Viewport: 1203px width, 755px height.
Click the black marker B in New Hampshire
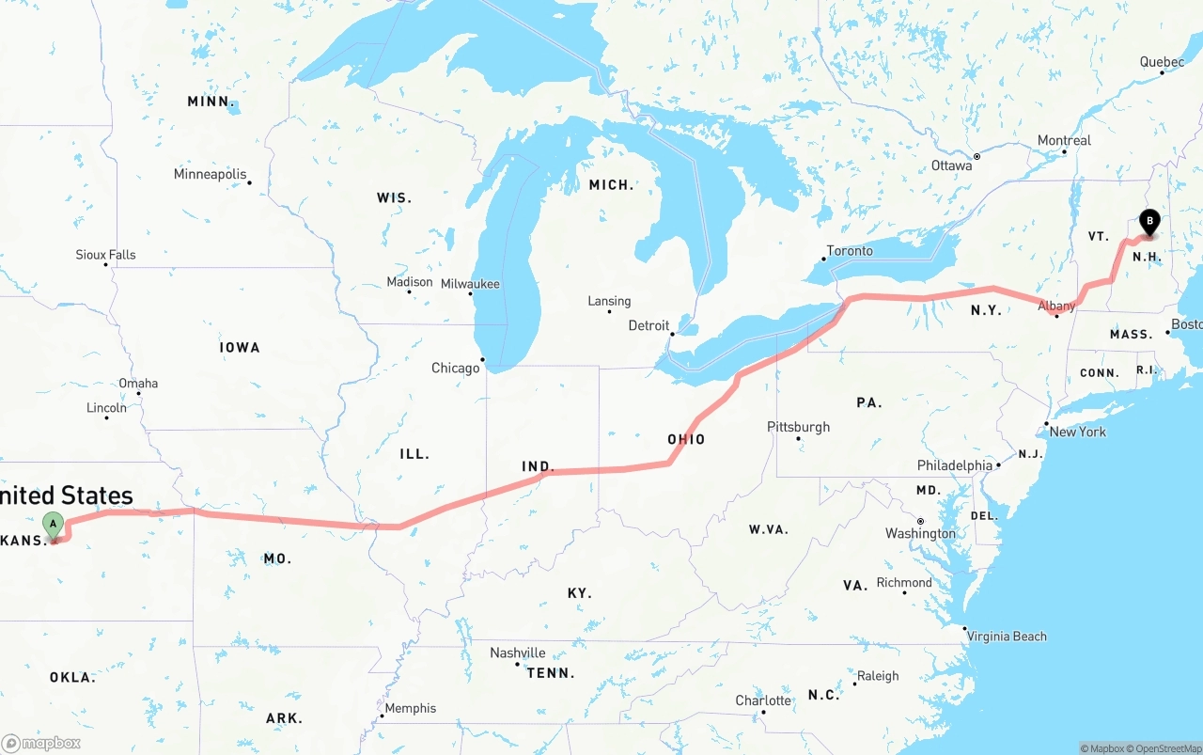[1148, 222]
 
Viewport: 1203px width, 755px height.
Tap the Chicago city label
[456, 368]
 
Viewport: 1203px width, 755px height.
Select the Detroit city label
[648, 325]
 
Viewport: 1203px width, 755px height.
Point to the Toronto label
[850, 251]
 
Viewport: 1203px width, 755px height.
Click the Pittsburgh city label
[799, 427]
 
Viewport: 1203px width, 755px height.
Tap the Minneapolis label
[210, 174]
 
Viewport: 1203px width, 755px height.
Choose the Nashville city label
[518, 653]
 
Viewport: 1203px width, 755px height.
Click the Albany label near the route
[1056, 307]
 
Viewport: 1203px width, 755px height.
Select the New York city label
[1078, 432]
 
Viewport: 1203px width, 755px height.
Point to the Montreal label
[1064, 140]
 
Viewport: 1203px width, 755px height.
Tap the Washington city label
[920, 533]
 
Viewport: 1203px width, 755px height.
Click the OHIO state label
[686, 439]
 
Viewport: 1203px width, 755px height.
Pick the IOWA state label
[240, 347]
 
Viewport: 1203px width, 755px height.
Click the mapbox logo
[41, 743]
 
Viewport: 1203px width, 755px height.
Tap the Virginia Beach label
[1007, 637]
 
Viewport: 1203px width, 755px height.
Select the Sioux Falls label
[105, 255]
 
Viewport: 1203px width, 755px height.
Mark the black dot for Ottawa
[976, 156]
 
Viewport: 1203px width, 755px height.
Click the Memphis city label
[411, 708]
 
